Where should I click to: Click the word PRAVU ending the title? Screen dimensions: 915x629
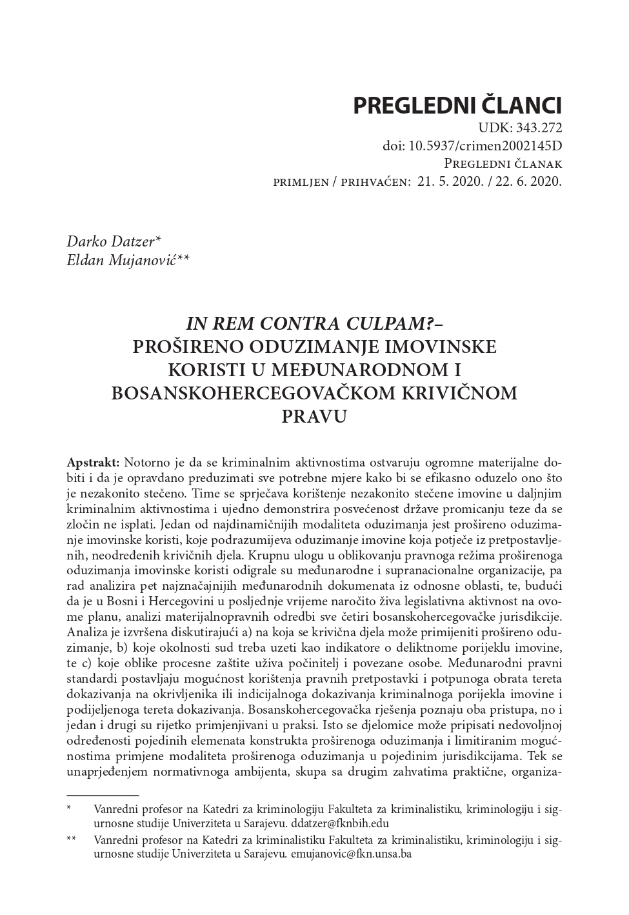[314, 416]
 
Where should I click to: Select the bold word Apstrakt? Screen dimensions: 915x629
[93, 463]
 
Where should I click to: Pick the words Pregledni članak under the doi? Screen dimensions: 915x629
[503, 164]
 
